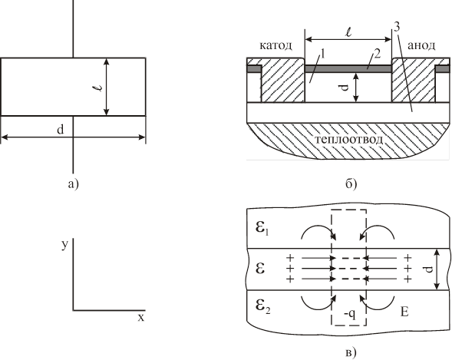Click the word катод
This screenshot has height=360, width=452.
tap(275, 45)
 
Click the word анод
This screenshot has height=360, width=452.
tap(421, 45)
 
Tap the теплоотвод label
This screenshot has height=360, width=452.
tap(348, 140)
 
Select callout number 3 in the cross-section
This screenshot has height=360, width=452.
tap(397, 28)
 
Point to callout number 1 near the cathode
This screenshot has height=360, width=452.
tap(323, 54)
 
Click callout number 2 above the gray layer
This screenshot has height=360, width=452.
tap(378, 54)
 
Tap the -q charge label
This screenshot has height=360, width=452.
tap(350, 314)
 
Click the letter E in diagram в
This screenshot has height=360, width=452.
tap(404, 312)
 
